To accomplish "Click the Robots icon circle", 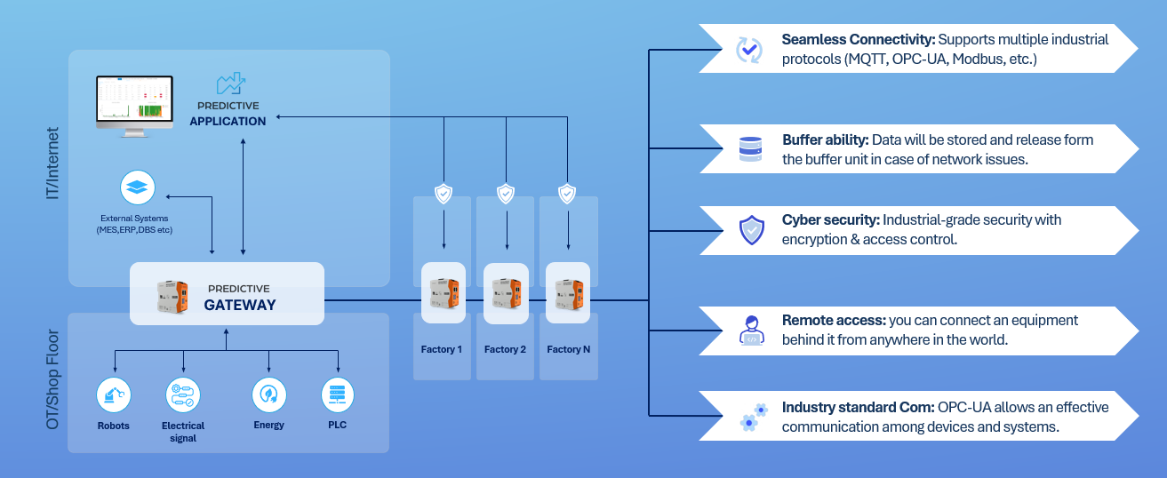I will [x=114, y=394].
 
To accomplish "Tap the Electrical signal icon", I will [x=183, y=394].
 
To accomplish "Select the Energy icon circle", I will [x=269, y=394].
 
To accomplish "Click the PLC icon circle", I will [x=338, y=394].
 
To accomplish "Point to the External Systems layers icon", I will [x=138, y=188].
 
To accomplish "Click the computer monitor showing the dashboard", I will [x=135, y=101].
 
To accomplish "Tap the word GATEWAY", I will [x=240, y=305].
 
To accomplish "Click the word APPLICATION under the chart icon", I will [x=228, y=121].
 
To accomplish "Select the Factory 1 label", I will [x=442, y=349].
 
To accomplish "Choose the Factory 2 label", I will [x=505, y=349].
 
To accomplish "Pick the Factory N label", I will [x=568, y=349].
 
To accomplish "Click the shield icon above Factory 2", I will [x=506, y=193].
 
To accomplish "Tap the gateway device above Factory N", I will [x=568, y=293].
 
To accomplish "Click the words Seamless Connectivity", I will [x=858, y=40].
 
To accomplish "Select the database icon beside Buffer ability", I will [x=750, y=149].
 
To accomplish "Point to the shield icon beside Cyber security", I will [x=752, y=230].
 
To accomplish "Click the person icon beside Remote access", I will [x=751, y=331].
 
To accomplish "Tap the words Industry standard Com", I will [x=856, y=407].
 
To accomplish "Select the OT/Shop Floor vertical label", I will [x=52, y=380].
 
